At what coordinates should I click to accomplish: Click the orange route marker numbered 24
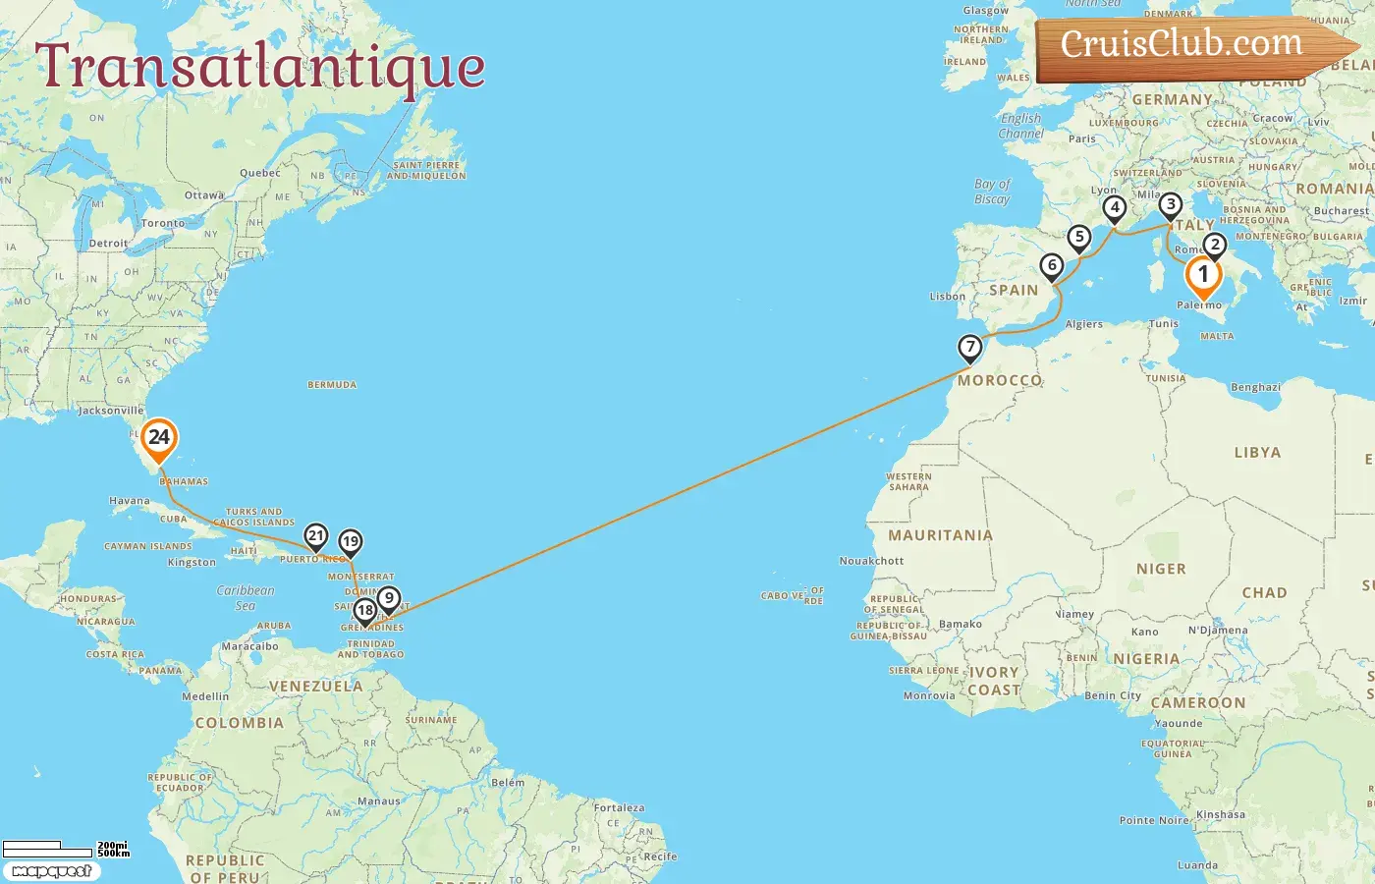point(158,439)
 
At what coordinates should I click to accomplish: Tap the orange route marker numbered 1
point(1203,276)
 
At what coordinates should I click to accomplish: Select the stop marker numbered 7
point(970,347)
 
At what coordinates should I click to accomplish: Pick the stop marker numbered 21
point(315,536)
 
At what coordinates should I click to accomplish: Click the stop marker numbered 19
point(351,542)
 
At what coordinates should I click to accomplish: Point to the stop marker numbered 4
point(1114,208)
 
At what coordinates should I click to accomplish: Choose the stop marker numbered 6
point(1052,265)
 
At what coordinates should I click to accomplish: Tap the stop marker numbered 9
point(389,598)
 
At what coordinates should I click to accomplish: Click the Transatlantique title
point(260,67)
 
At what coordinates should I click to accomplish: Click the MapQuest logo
point(51,871)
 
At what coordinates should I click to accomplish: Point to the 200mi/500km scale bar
point(65,849)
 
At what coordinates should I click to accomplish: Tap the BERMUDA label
point(332,385)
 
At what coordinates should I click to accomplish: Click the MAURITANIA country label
point(940,535)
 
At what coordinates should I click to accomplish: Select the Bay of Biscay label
point(992,192)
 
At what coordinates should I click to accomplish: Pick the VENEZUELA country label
point(315,687)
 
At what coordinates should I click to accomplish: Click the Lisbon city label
point(948,297)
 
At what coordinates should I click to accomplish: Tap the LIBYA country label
point(1257,453)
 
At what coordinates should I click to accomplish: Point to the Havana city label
point(130,501)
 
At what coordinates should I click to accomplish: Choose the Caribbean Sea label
point(246,597)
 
